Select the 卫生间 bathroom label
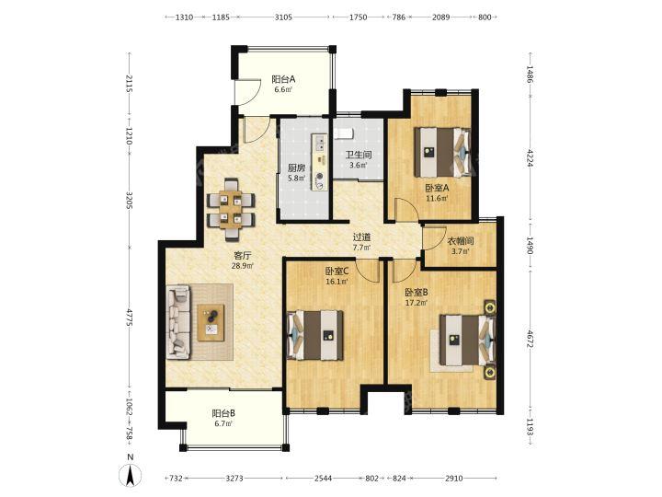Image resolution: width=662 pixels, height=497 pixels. coord(359,156)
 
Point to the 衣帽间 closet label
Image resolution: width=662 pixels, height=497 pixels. coord(461,242)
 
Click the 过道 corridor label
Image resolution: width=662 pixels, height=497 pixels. coord(361,238)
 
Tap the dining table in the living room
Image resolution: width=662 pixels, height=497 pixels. coord(231,209)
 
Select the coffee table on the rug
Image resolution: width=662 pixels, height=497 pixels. coord(211,322)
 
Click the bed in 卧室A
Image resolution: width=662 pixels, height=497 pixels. coord(442,152)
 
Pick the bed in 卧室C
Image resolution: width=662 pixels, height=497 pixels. coord(315,336)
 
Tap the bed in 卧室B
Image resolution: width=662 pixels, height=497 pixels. coord(467,340)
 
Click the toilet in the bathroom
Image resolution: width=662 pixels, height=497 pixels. coord(343,133)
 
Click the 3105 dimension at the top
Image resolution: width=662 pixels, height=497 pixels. coord(283,17)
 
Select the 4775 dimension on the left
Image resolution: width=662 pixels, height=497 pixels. coord(130,318)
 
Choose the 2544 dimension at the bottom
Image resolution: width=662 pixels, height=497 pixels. coord(323,478)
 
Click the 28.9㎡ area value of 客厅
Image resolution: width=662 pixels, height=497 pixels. coord(243,266)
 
